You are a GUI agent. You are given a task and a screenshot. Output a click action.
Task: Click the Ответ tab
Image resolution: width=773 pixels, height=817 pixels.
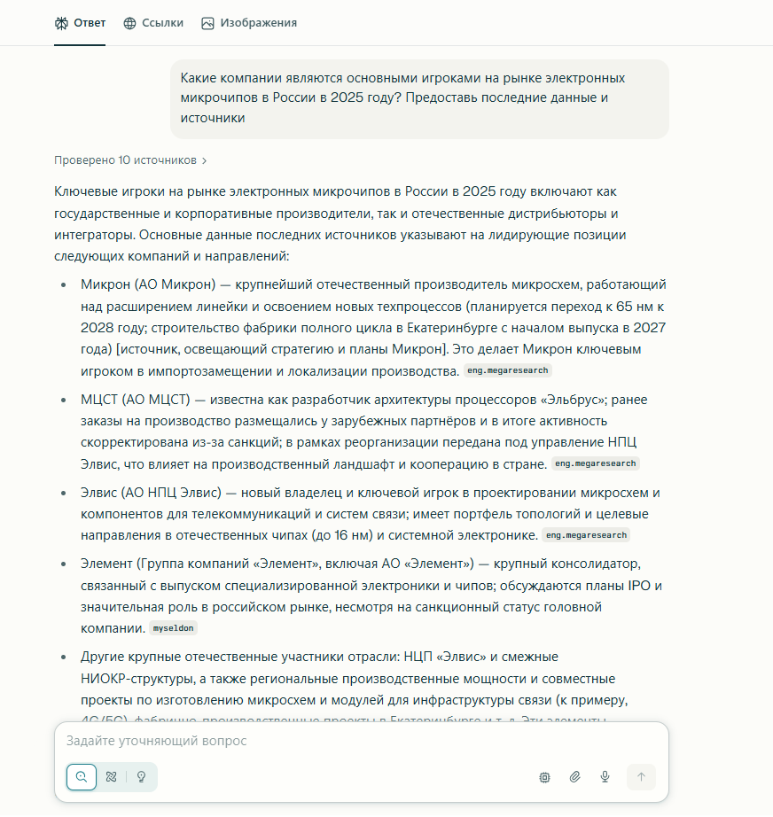(x=80, y=23)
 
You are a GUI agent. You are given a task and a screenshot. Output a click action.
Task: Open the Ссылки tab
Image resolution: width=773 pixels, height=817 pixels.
(x=153, y=23)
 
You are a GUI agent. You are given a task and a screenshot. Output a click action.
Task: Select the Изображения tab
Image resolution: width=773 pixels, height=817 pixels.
(x=249, y=23)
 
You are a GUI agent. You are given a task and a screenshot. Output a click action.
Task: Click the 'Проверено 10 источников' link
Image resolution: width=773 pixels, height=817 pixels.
(x=130, y=160)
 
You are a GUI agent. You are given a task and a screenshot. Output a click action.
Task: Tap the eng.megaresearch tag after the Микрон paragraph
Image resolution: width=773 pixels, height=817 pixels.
(x=508, y=370)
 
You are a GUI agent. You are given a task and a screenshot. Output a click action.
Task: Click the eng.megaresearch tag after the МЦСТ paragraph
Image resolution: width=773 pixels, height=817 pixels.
(x=595, y=463)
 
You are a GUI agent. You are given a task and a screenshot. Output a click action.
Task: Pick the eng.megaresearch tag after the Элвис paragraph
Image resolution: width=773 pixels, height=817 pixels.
(x=586, y=535)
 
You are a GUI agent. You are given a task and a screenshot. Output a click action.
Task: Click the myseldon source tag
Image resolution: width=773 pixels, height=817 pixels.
(x=173, y=628)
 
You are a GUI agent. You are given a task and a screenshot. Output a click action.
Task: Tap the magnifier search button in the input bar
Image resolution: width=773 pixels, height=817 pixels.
(x=82, y=777)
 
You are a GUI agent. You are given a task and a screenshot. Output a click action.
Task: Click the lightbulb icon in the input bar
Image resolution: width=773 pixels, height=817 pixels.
(x=141, y=777)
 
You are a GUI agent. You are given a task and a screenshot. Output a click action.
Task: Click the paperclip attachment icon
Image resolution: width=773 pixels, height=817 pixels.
(x=574, y=777)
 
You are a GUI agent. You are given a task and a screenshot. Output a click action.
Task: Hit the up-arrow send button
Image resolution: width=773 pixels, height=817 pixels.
(x=641, y=777)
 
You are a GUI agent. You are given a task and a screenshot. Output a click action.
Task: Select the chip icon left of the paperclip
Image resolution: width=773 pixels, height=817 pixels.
(x=544, y=777)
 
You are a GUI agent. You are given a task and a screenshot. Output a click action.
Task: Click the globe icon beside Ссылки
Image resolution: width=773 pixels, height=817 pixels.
(x=129, y=23)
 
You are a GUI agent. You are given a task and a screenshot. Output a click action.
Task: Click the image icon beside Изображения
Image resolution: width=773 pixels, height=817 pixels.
(x=207, y=23)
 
